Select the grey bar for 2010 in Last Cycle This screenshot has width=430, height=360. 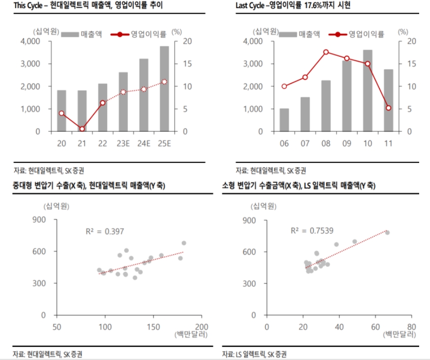click(x=367, y=90)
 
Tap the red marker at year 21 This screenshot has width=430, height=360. click(x=82, y=129)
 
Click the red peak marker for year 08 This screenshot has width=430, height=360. click(x=326, y=52)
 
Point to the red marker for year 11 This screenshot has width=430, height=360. click(x=388, y=108)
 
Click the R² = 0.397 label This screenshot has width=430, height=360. click(x=105, y=231)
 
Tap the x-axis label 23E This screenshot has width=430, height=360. click(x=123, y=143)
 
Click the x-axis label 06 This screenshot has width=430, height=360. click(x=284, y=143)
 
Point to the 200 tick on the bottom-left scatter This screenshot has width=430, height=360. click(x=201, y=326)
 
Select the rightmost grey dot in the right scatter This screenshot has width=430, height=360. click(x=388, y=232)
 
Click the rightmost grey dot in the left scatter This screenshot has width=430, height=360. click(x=184, y=243)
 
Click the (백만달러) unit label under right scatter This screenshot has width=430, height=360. click(x=399, y=335)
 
